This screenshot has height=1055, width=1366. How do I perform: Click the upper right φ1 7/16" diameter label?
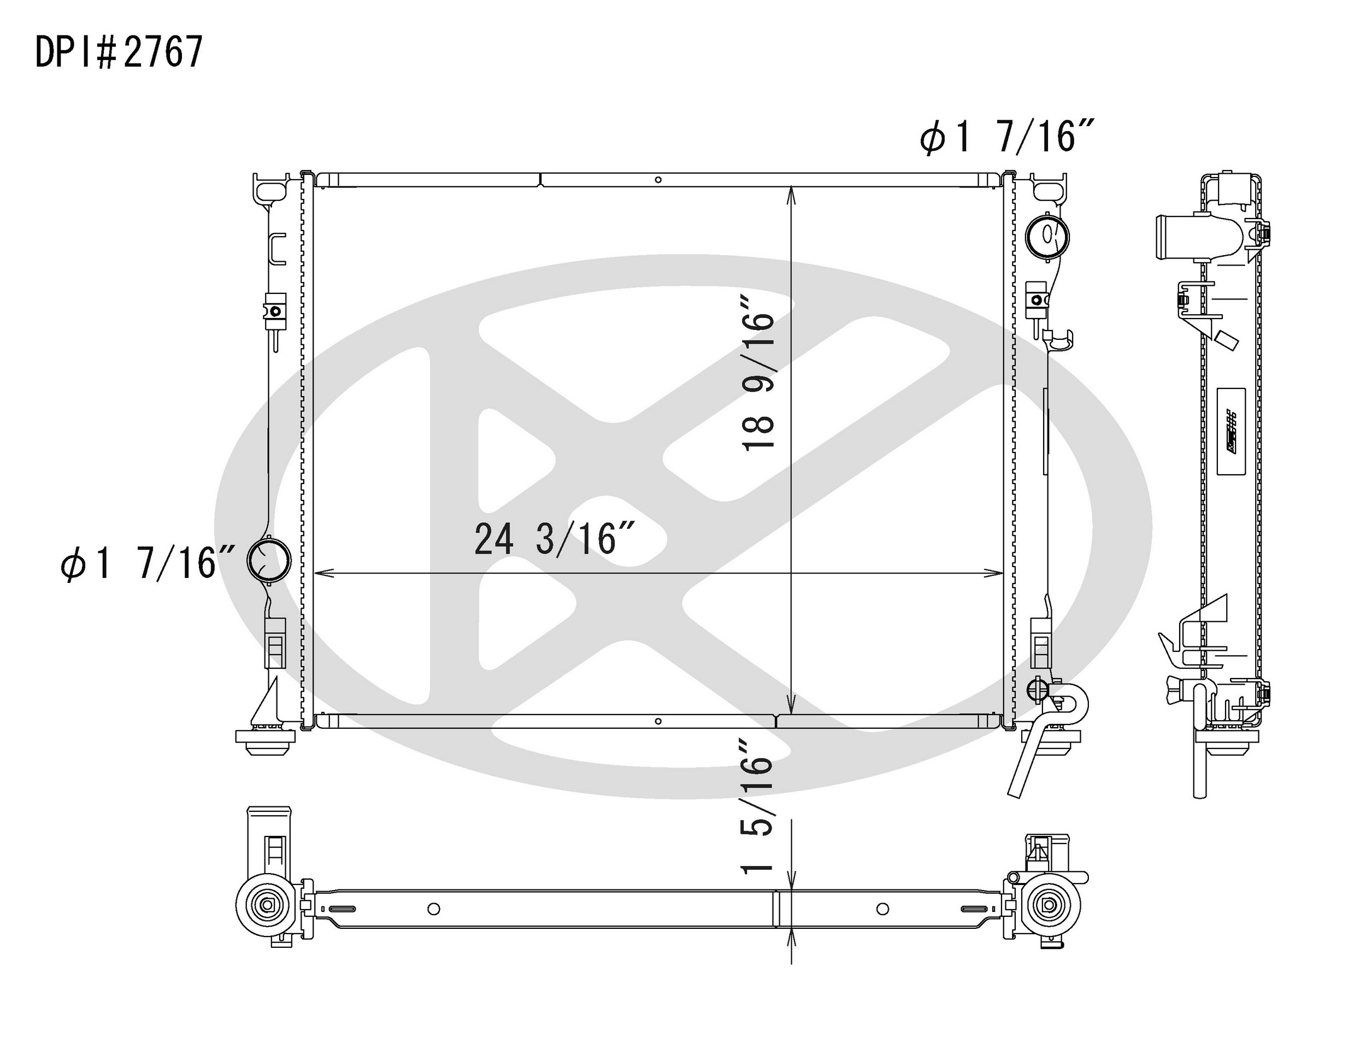click(x=1007, y=137)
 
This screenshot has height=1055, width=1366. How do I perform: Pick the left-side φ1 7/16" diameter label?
click(x=148, y=563)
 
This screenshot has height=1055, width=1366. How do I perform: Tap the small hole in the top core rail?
click(x=658, y=180)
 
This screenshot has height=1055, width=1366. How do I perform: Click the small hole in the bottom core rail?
click(x=658, y=721)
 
